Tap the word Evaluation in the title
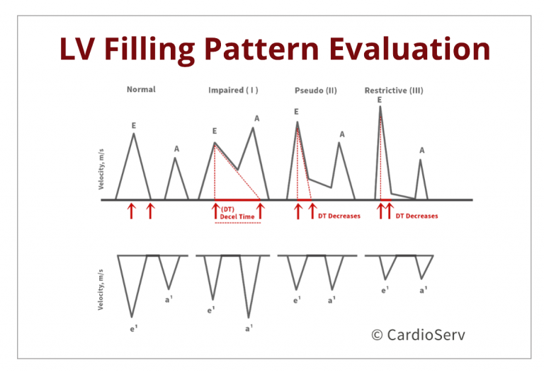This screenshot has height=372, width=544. pos(409,49)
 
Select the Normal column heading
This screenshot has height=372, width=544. pos(141,89)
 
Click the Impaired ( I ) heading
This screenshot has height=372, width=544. pos(233,90)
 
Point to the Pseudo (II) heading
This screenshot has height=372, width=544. pos(316,91)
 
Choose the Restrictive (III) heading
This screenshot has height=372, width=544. pos(394,91)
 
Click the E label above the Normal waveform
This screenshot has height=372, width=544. pos(134,126)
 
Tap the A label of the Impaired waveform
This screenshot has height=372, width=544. pos(256,118)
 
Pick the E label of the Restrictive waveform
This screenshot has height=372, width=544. pos(380,100)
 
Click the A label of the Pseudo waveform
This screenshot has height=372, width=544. pos(342,134)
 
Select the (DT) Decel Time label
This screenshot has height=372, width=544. pos(237,213)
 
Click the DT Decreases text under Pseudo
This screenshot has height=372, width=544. pos(339,216)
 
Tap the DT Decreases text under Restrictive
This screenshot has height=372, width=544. pos(416,216)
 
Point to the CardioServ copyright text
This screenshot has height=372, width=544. pos(418,335)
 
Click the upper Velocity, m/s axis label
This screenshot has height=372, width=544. pos(101,169)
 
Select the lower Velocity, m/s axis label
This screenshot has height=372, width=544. pos(101,289)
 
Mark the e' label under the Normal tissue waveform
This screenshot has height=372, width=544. pos(134,329)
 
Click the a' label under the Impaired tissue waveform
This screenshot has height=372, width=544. pos(249,328)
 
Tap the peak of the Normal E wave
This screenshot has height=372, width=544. pos(134,134)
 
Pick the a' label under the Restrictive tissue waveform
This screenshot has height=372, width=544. pos(424,290)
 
